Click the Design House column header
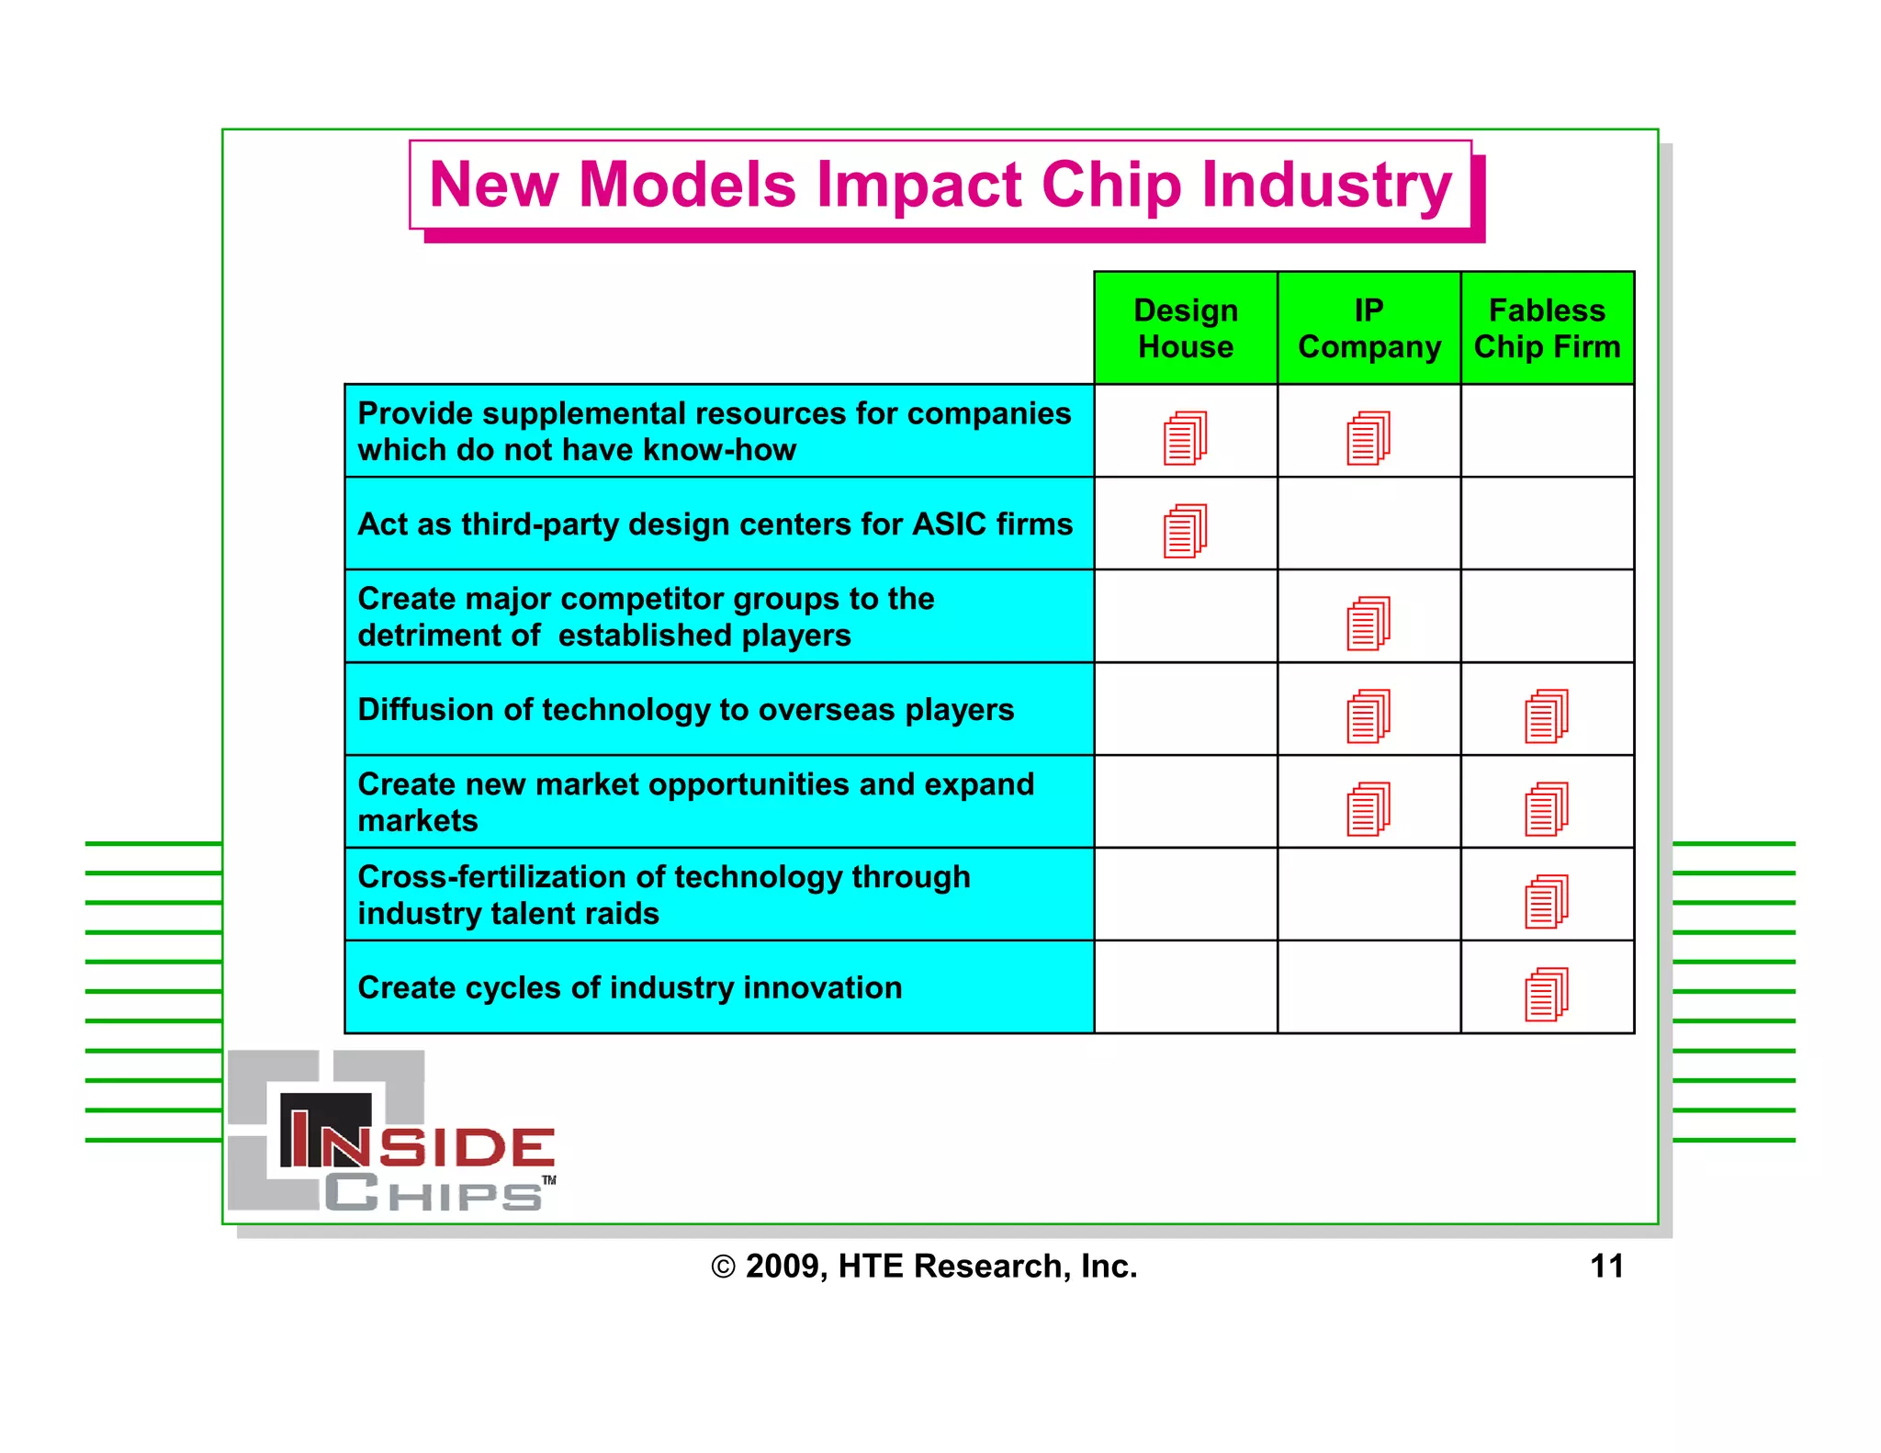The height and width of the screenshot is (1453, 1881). [1185, 328]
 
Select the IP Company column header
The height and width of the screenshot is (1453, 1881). [1369, 328]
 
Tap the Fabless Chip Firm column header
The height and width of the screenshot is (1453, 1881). [1547, 328]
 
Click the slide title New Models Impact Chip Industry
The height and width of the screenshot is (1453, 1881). [940, 185]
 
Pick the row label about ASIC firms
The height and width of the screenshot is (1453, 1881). [715, 524]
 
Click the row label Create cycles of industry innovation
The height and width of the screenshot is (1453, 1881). [629, 987]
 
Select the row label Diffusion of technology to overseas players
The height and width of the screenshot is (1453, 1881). [685, 709]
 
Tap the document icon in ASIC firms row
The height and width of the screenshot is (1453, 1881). [1185, 530]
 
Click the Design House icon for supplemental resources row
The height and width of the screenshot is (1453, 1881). [1185, 437]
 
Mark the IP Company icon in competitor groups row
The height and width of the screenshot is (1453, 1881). [1369, 623]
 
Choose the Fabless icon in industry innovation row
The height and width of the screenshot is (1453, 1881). [1547, 994]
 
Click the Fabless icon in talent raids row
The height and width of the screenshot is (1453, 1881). [1547, 901]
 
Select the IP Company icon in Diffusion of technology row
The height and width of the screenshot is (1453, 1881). [1369, 715]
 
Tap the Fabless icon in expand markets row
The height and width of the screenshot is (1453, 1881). [1547, 808]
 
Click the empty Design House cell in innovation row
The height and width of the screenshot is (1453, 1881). [1185, 987]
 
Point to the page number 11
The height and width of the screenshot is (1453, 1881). [1606, 1266]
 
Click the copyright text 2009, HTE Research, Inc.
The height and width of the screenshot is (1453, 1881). [925, 1266]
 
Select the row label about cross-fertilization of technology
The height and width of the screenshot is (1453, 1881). [663, 895]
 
